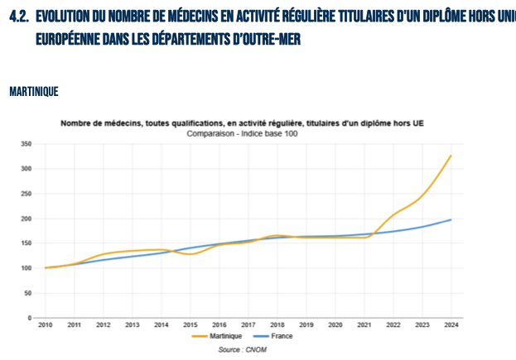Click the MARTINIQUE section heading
pyautogui.click(x=33, y=91)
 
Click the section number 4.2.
pyautogui.click(x=19, y=17)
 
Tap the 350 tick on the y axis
pyautogui.click(x=27, y=144)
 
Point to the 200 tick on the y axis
pyautogui.click(x=27, y=218)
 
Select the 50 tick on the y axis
pyautogui.click(x=27, y=293)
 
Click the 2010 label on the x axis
pyautogui.click(x=45, y=326)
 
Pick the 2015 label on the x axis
pyautogui.click(x=190, y=326)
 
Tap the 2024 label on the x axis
pyautogui.click(x=451, y=326)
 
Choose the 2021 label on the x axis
pyautogui.click(x=364, y=326)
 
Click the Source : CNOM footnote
pyautogui.click(x=243, y=349)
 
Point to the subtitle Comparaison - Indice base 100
pyautogui.click(x=242, y=132)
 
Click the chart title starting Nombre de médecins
pyautogui.click(x=242, y=123)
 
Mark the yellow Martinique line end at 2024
pyautogui.click(x=451, y=156)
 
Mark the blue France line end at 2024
pyautogui.click(x=451, y=219)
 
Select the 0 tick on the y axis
pyautogui.click(x=30, y=318)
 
